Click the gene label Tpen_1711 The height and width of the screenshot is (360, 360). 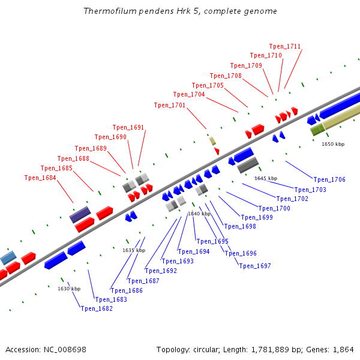(285, 46)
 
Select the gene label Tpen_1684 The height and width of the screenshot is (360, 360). (40, 178)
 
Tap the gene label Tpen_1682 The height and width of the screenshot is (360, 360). (97, 308)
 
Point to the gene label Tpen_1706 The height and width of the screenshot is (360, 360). (329, 179)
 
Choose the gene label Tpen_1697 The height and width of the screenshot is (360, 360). (255, 266)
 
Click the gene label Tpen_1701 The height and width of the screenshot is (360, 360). (170, 105)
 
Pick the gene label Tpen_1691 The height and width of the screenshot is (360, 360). (128, 127)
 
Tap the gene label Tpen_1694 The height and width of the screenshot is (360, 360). (194, 251)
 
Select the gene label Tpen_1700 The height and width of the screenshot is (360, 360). (274, 208)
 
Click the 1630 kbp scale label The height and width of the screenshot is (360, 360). (69, 289)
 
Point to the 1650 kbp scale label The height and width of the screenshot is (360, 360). (333, 144)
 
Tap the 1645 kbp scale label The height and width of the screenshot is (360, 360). (266, 178)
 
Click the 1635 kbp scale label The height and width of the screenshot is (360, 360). (134, 250)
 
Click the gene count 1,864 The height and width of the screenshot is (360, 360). (341, 349)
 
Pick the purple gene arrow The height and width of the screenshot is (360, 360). (80, 214)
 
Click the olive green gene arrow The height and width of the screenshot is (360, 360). (317, 129)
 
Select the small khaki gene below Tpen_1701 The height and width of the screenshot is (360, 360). (212, 141)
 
